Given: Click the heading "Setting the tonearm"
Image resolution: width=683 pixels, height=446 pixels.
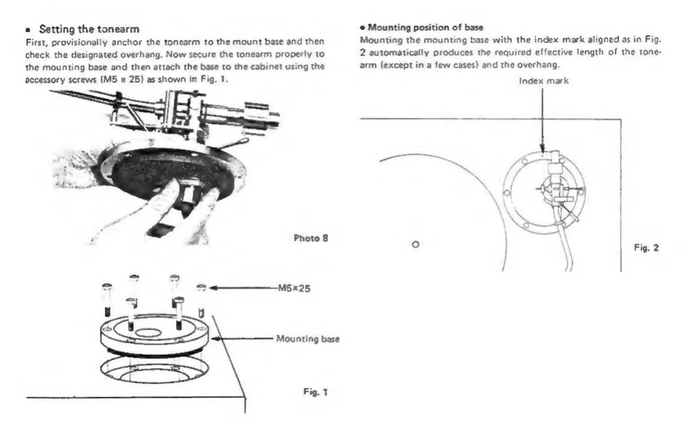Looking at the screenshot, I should [x=89, y=29].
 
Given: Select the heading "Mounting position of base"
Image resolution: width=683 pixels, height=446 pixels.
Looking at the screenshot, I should [x=425, y=27].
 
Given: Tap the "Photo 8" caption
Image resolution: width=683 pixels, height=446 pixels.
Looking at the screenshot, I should [x=311, y=238].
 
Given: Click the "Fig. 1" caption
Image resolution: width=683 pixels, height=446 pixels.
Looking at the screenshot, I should [x=315, y=391].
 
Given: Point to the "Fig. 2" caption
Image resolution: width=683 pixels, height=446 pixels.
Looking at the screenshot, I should [x=646, y=248].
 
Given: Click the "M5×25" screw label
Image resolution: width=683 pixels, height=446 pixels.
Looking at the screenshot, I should [x=294, y=289].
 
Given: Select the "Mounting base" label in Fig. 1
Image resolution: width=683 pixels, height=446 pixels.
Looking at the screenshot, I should [x=308, y=339].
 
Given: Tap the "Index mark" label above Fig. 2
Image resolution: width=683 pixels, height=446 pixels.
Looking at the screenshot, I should [x=544, y=81].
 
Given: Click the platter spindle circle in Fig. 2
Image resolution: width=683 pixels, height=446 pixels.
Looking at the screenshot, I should [x=416, y=245].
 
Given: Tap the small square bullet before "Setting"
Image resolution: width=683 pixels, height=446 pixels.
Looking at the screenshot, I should [x=28, y=30].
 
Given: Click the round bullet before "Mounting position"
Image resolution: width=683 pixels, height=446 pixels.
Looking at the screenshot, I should [x=363, y=28].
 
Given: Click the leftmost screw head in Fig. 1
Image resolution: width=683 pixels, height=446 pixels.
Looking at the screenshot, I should [x=107, y=286].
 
